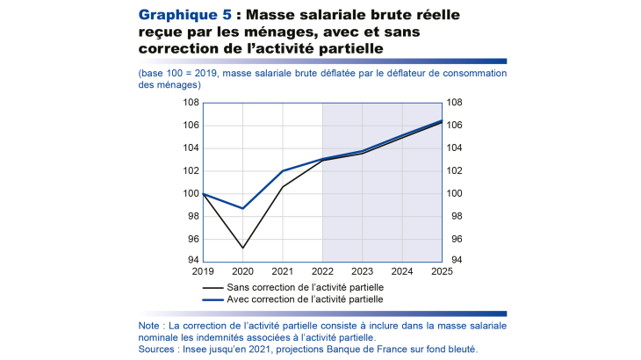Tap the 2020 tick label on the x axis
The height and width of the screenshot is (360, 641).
pos(242,271)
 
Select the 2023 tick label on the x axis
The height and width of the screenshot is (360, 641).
pos(362,271)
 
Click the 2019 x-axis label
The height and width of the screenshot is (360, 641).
pos(203,271)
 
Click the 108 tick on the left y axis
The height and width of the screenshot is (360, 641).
pos(189,103)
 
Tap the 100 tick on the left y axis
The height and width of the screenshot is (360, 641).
pos(189,193)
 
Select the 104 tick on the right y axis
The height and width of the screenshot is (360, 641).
pos(456,148)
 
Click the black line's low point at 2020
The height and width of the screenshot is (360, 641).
pos(242,248)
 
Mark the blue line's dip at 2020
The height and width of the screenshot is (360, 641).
pos(242,208)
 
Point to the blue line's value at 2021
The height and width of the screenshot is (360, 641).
pos(283,171)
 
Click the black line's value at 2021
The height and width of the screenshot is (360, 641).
pos(283,186)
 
